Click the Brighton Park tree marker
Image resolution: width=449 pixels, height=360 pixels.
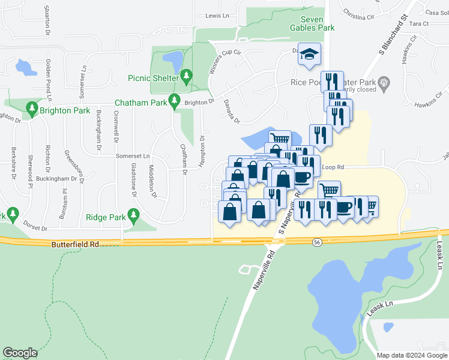coord(32,109)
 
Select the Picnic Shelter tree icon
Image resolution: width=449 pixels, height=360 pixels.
coord(187,76)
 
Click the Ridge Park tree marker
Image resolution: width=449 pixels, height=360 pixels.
coord(134,215)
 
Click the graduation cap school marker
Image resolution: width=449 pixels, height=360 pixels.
coord(309,55)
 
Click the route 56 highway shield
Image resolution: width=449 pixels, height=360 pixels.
coord(317,241)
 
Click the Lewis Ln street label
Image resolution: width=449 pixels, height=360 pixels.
coord(217,16)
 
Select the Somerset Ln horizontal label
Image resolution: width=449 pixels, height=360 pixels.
coord(133,155)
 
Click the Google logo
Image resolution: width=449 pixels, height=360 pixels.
coord(20,353)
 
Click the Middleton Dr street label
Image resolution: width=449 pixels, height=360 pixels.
coord(152,182)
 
